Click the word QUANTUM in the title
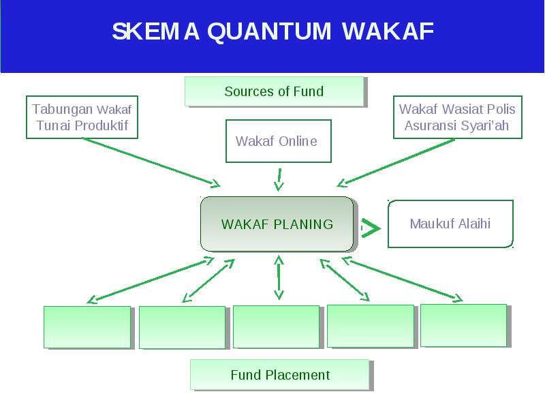tap(269, 32)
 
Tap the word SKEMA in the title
tap(156, 31)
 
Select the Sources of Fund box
tap(275, 91)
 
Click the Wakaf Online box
tap(279, 141)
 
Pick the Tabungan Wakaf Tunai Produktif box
tap(82, 117)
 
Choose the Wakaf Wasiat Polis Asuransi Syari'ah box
tap(457, 117)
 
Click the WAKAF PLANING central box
tap(277, 224)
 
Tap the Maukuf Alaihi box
tap(450, 224)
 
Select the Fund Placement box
tap(280, 374)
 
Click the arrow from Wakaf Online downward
tap(279, 180)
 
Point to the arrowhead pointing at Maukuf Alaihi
tap(371, 228)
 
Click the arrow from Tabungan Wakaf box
tap(151, 162)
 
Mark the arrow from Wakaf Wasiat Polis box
tap(396, 163)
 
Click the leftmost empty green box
tap(87, 327)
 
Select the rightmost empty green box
tap(464, 326)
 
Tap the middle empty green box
tap(277, 327)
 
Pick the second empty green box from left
tap(183, 327)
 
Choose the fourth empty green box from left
tap(371, 326)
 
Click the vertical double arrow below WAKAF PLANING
tap(279, 277)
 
